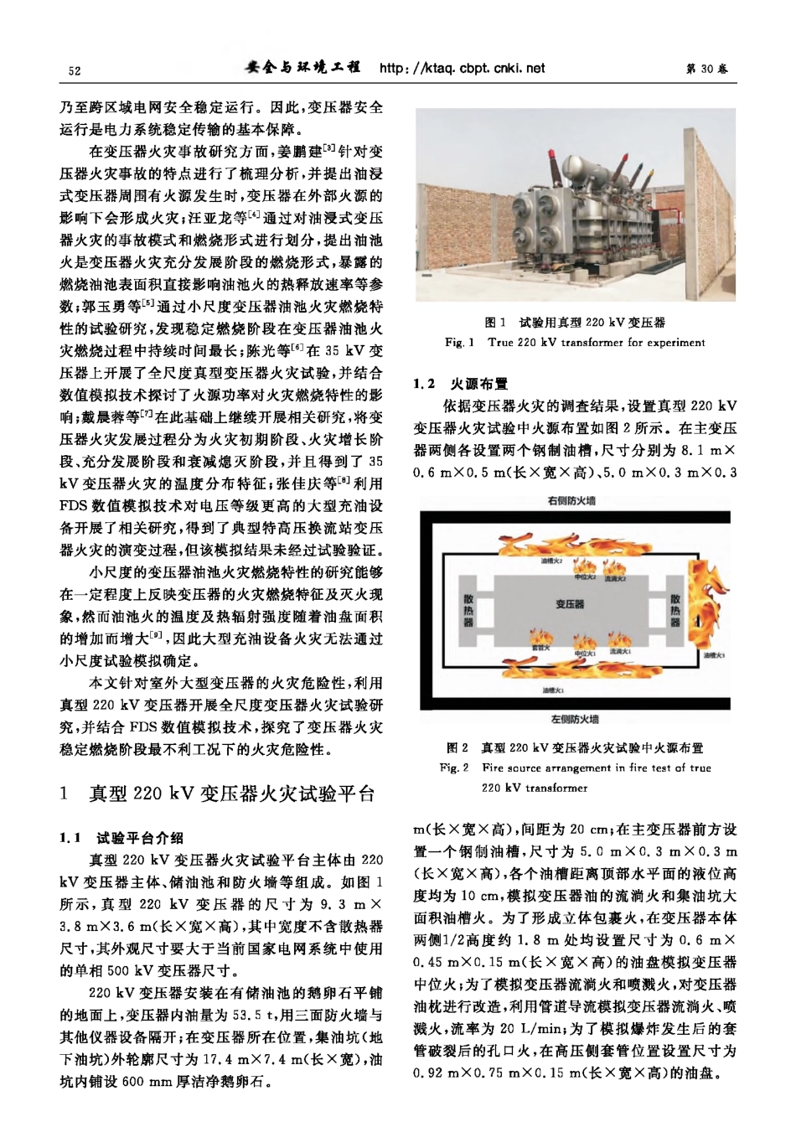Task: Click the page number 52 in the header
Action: (74, 70)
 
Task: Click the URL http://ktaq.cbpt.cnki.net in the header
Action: (462, 68)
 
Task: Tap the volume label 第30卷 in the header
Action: (706, 70)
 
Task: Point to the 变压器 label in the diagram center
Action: (570, 603)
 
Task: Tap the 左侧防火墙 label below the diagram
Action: (574, 719)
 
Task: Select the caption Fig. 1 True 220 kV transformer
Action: (574, 342)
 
